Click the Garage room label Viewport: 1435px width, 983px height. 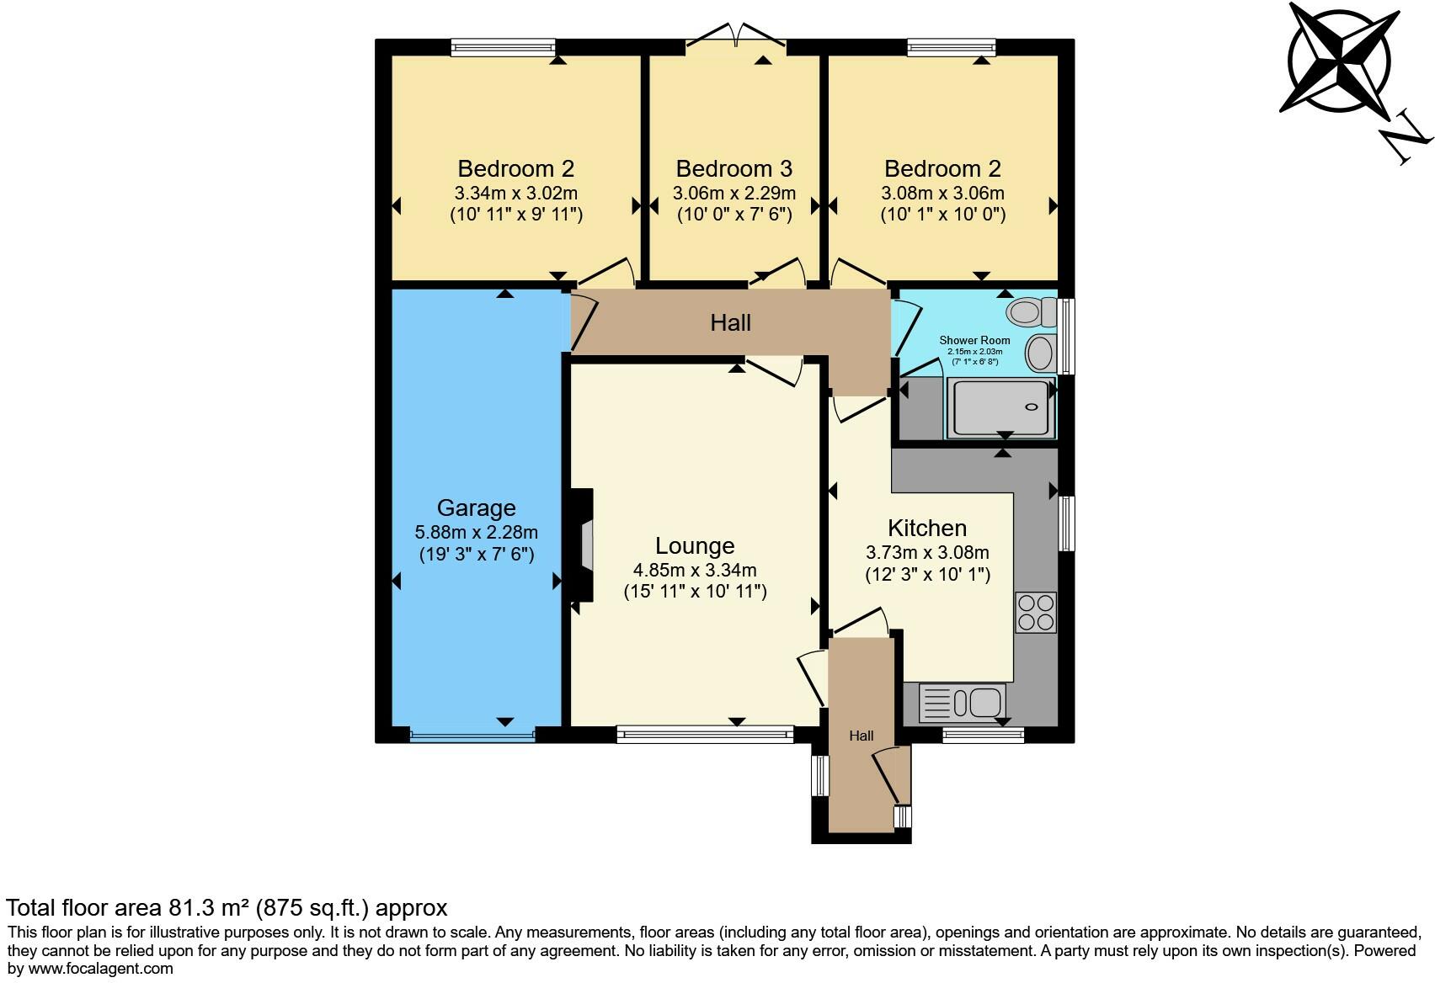(476, 508)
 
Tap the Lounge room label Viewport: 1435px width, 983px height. (695, 546)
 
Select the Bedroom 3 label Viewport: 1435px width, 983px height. (734, 169)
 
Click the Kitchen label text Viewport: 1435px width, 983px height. (926, 529)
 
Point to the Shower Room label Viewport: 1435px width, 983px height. (974, 341)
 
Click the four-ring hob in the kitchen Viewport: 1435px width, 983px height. (1036, 613)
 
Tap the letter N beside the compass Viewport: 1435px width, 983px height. (1406, 140)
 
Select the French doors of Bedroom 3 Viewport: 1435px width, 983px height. (736, 38)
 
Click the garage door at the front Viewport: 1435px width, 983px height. (472, 735)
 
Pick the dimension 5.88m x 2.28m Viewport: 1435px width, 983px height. (476, 533)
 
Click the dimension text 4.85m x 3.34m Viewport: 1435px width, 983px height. (695, 571)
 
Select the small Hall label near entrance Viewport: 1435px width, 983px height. (861, 736)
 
